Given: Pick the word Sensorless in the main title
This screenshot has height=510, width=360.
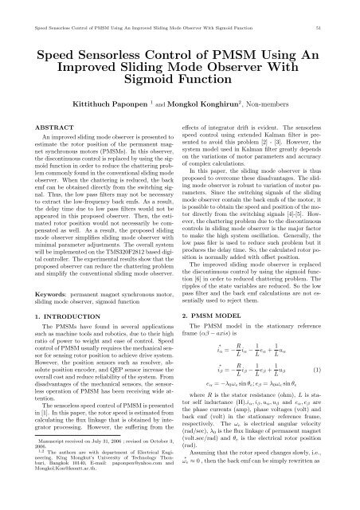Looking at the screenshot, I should pyautogui.click(x=133, y=32).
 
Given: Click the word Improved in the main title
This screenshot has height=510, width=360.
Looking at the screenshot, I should pyautogui.click(x=105, y=46).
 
